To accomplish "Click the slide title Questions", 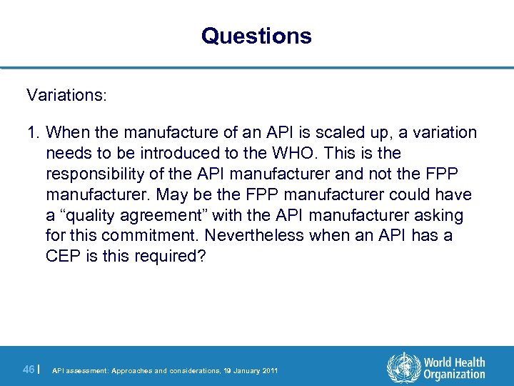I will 256,36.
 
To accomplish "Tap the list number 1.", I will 32,133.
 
